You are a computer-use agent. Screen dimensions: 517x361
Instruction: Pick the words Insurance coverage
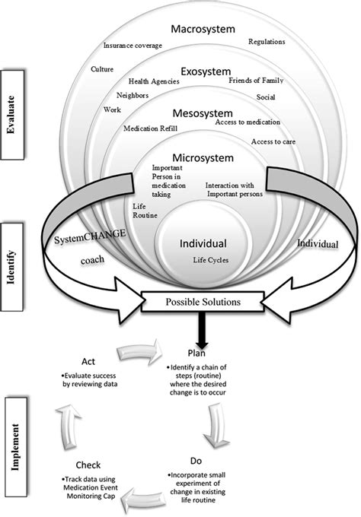pyautogui.click(x=133, y=46)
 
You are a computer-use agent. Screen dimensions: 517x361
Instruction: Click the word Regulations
pyautogui.click(x=267, y=42)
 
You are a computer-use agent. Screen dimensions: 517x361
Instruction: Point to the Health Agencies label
pyautogui.click(x=154, y=81)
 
